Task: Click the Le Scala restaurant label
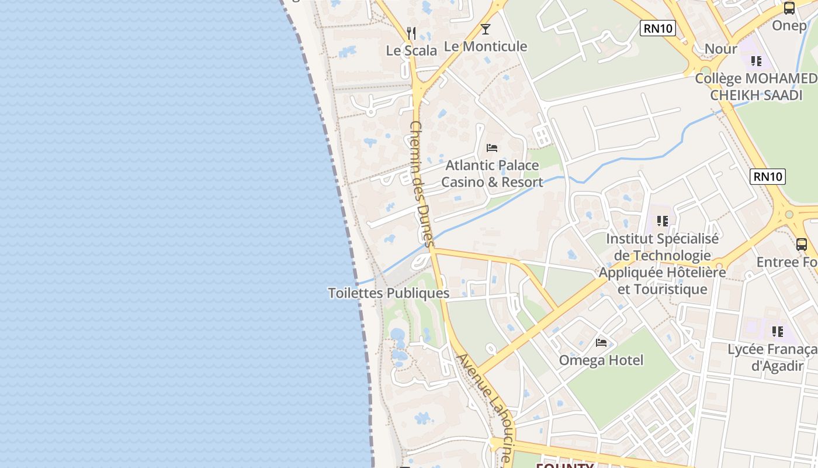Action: point(411,51)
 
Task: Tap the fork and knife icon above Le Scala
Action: point(411,33)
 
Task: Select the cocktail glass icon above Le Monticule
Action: point(486,29)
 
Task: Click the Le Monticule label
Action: point(486,46)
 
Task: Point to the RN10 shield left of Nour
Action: point(658,28)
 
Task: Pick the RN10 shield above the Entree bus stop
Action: point(768,176)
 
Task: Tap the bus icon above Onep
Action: point(789,8)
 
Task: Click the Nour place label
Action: point(721,49)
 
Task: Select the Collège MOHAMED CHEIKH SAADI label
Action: point(756,87)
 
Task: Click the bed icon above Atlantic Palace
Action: point(492,147)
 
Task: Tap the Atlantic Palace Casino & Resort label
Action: point(492,174)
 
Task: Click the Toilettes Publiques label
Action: point(389,293)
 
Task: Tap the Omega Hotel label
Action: point(601,360)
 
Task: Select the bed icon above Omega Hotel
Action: point(601,343)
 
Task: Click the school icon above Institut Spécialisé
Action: point(662,221)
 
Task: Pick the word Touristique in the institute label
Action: point(663,290)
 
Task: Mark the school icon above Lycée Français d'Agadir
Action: point(777,332)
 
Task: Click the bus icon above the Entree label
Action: point(802,245)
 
